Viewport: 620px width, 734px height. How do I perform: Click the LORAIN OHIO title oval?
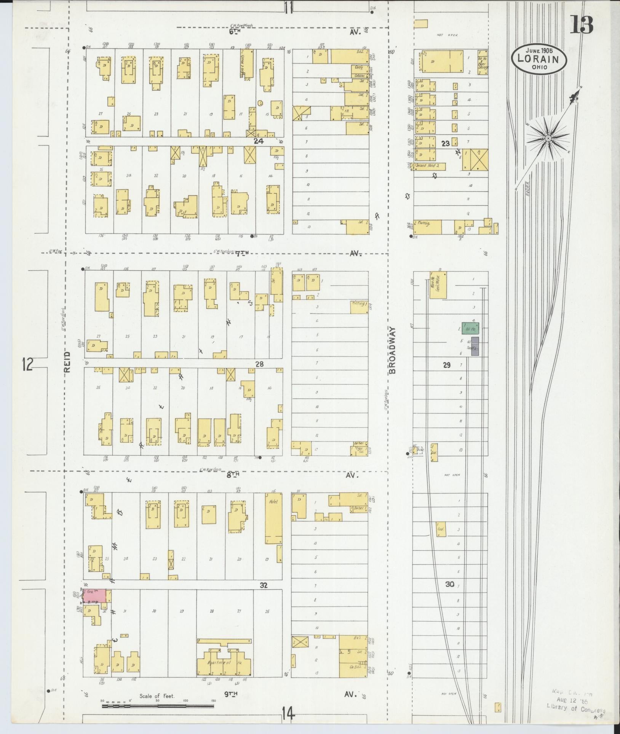coord(539,59)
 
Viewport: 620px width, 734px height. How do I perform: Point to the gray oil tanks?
coord(475,346)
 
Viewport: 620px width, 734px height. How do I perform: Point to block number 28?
coord(259,364)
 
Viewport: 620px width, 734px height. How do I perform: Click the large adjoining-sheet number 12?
coord(27,365)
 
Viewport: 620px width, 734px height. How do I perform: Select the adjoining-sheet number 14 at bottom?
coord(288,712)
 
